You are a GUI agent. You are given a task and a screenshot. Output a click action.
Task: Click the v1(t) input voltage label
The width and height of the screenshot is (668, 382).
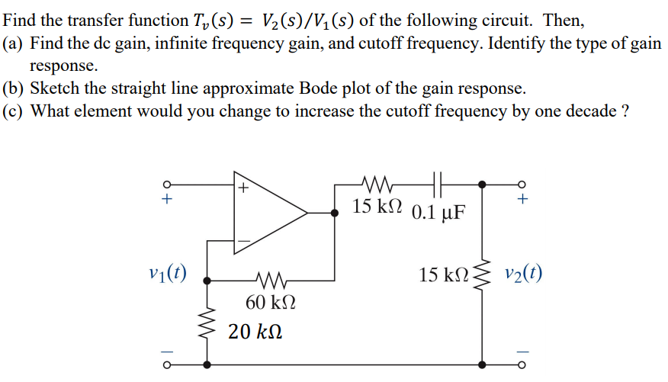coord(170,272)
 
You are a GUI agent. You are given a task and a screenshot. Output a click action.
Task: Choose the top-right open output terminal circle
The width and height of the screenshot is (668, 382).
coord(522,184)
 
